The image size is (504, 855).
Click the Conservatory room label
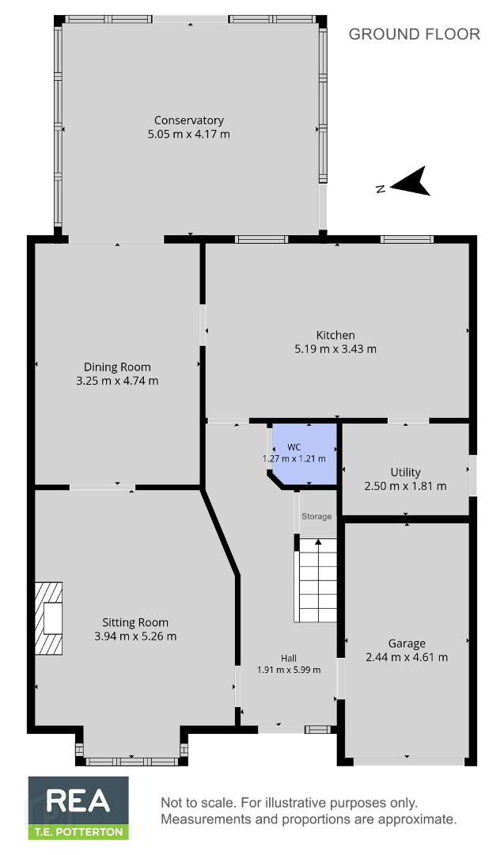(188, 120)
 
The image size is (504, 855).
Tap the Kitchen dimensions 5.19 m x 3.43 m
(335, 349)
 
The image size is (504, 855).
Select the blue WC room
(305, 454)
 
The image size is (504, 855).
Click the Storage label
(316, 516)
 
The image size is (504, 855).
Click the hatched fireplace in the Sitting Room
(48, 618)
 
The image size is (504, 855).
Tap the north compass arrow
(411, 181)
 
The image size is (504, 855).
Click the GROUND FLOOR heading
(414, 34)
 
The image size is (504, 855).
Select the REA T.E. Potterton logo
(78, 807)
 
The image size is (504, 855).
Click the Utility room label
(405, 472)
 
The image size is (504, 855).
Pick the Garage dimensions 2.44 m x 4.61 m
(407, 658)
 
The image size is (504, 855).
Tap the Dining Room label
(117, 367)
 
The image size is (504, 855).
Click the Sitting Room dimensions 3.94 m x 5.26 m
(135, 636)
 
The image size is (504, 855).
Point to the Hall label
(289, 658)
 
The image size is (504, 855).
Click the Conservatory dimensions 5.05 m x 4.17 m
(189, 134)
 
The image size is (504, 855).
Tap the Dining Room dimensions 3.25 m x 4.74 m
(117, 381)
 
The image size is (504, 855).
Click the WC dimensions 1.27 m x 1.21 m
(294, 458)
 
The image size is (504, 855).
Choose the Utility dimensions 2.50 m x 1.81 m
(405, 486)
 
